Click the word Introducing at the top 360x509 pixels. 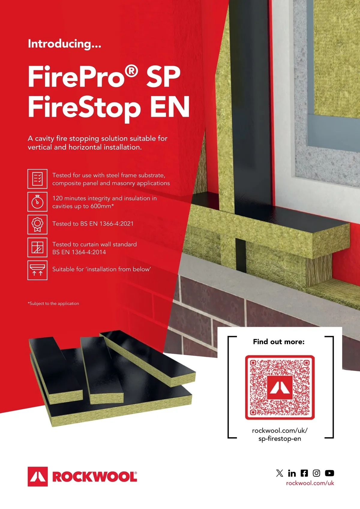pos(64,44)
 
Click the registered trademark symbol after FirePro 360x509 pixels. pos(131,71)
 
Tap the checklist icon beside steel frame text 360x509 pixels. pos(37,179)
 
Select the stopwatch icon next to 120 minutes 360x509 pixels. pos(37,202)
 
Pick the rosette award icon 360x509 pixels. pos(37,224)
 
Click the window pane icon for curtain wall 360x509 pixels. pos(37,247)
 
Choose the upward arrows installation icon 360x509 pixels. pos(37,270)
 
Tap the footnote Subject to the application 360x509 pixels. pos(53,303)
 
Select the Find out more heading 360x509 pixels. pos(279,342)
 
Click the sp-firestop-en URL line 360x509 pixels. pos(280,438)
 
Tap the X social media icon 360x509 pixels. pos(280,473)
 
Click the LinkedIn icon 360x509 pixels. pos(292,473)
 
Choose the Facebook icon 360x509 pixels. pos(304,473)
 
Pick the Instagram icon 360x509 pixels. pos(316,473)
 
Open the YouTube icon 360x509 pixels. pos(329,473)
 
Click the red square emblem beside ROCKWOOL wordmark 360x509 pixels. pos(38,477)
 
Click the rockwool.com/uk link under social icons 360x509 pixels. pos(310,483)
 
